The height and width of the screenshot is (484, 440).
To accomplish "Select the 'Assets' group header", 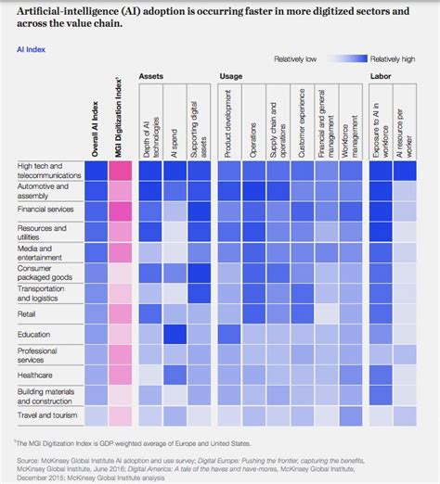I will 153,74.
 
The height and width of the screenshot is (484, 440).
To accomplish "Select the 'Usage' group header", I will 232,74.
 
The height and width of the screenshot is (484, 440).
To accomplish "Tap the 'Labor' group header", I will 381,74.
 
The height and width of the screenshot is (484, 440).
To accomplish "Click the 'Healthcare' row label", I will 34,375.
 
